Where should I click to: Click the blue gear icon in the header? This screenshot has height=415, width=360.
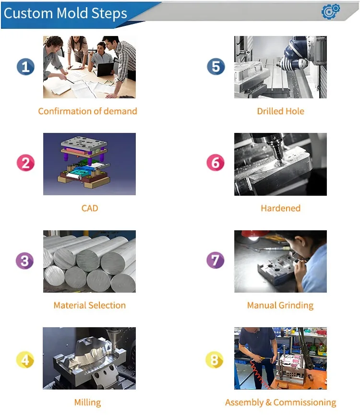(x=331, y=11)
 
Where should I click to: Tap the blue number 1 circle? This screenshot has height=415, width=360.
(x=25, y=67)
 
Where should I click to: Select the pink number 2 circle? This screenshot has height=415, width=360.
(x=25, y=163)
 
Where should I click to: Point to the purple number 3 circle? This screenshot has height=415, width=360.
(x=24, y=261)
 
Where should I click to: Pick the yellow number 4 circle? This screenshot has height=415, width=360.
(x=25, y=360)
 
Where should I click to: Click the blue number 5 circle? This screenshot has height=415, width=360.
(x=216, y=66)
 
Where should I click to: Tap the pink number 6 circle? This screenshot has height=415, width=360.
(x=216, y=163)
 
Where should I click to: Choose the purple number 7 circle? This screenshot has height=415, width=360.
(x=215, y=260)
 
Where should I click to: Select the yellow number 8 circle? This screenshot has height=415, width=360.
(x=215, y=360)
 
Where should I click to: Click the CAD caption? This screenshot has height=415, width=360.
(x=90, y=208)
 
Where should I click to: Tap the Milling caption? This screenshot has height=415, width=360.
(x=88, y=403)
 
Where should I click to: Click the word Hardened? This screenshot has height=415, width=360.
(x=281, y=208)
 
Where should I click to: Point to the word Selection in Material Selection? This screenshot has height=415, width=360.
(x=107, y=306)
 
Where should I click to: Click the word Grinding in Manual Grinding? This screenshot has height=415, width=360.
(x=296, y=306)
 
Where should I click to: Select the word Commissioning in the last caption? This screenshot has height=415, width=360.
(x=305, y=403)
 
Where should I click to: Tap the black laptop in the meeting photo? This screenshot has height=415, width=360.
(x=105, y=69)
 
